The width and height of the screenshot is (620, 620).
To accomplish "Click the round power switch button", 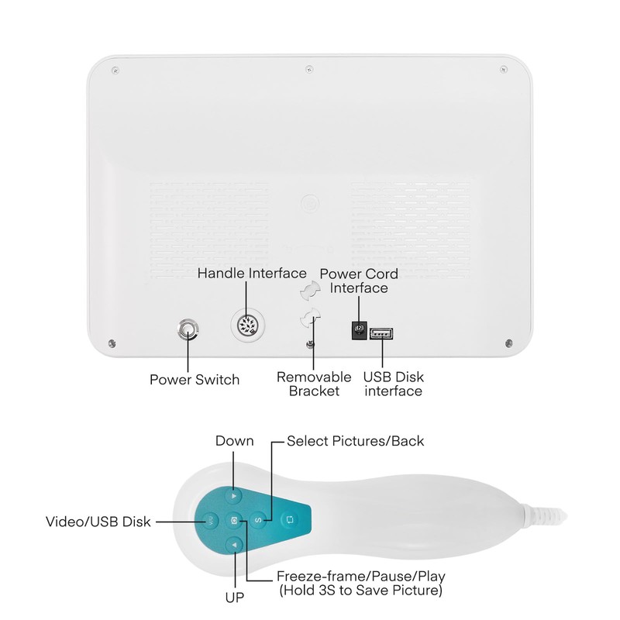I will (x=187, y=331).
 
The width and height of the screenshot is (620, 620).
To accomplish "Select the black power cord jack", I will (x=359, y=331).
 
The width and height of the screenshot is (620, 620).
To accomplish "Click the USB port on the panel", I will (x=381, y=334).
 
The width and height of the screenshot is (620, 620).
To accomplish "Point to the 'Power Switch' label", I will (x=195, y=380).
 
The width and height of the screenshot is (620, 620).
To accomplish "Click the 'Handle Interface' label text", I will (x=253, y=274).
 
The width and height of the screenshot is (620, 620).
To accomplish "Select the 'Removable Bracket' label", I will (x=314, y=384).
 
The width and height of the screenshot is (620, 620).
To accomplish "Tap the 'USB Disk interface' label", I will (x=394, y=384).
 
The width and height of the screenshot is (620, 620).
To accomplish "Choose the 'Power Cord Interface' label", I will (x=359, y=281).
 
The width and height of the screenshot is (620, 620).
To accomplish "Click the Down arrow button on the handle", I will (x=235, y=494).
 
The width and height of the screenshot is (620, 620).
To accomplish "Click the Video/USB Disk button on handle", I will (x=209, y=520).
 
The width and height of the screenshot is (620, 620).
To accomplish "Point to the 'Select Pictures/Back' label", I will (x=355, y=441).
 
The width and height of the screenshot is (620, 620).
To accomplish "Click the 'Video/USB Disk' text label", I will (x=98, y=521).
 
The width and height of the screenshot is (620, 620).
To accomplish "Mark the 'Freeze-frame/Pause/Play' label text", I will (x=361, y=577).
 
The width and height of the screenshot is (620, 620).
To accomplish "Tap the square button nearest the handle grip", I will (x=288, y=520).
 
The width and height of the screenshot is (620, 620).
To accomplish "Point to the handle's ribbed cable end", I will (x=552, y=515).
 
